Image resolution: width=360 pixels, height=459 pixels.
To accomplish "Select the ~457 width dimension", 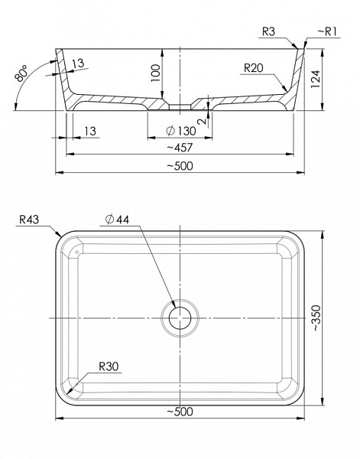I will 181,146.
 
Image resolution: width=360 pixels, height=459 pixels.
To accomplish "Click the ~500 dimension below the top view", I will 181,412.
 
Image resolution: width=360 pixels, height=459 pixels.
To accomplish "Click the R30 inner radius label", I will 109,366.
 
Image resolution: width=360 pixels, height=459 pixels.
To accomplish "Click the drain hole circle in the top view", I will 180,317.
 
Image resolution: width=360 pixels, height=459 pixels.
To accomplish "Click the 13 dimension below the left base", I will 90,131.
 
